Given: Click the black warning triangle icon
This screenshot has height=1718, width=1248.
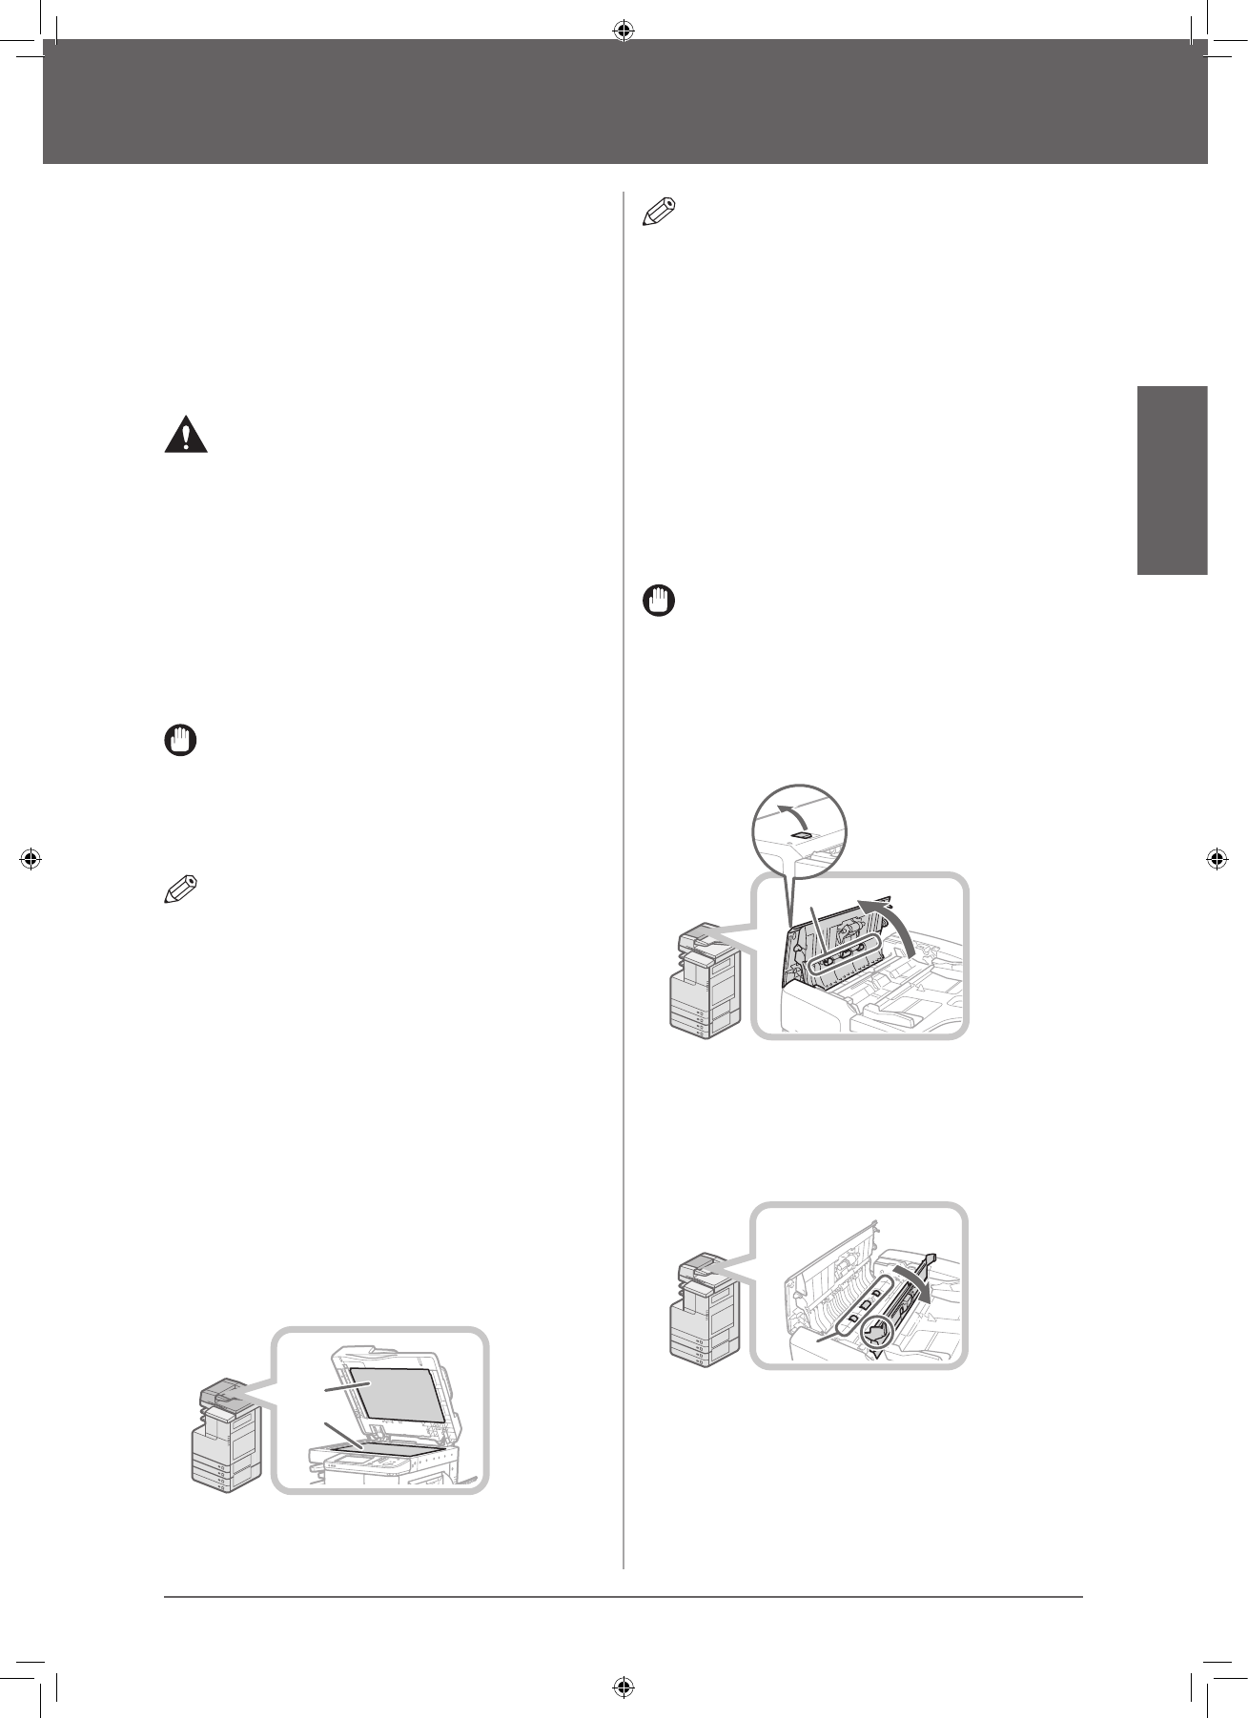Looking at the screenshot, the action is (186, 436).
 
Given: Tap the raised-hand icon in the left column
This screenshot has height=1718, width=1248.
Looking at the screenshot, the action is (179, 741).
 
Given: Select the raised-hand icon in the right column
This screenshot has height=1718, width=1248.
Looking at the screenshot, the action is (658, 602).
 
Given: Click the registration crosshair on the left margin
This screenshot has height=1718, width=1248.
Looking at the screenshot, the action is (31, 859).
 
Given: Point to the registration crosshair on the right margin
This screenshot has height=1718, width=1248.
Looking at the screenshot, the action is (1217, 859).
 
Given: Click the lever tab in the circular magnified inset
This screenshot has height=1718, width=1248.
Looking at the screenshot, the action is (804, 835).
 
